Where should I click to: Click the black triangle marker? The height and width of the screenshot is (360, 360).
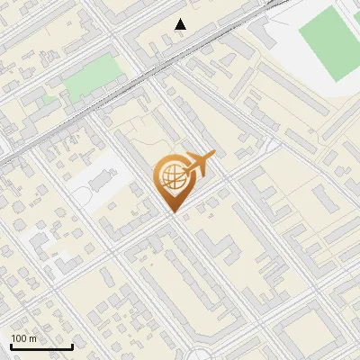181,24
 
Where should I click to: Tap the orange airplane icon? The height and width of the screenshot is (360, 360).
199,166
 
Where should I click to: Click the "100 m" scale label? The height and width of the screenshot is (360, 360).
23,339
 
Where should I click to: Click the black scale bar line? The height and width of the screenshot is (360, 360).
41,347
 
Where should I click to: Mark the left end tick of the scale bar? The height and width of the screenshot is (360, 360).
11,346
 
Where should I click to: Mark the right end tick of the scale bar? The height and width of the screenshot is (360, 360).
72,346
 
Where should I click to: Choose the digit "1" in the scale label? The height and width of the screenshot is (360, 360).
13,339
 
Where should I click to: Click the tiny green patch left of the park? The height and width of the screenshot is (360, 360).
50,91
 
